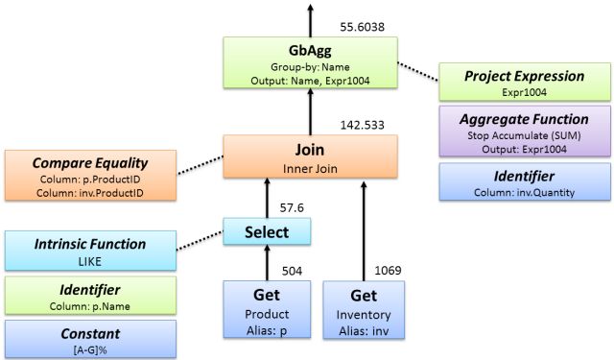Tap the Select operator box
pos(268,231)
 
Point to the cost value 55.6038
pos(362,27)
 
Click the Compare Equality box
pos(90,174)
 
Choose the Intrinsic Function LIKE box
pos(90,252)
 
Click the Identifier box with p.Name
pos(90,295)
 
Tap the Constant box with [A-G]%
pos(90,338)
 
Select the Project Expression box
pos(524,83)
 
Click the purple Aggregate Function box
pos(524,131)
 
